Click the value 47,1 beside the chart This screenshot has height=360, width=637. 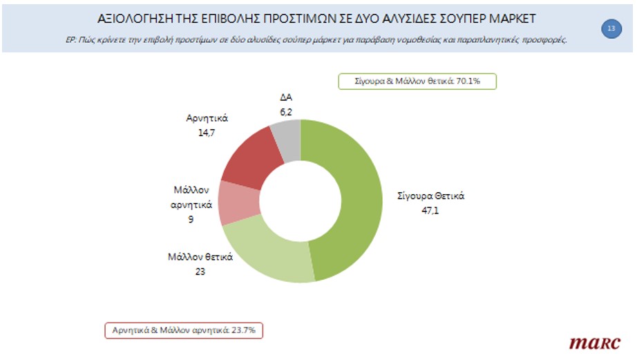[x=430, y=210]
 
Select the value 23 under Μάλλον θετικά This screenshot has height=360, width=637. [x=200, y=271]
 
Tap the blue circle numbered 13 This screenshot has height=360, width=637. [x=611, y=28]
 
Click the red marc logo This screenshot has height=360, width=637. [x=595, y=342]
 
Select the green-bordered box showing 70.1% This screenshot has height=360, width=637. [x=418, y=81]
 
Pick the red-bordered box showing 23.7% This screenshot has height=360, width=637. [x=184, y=330]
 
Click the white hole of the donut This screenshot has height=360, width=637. [x=301, y=201]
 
